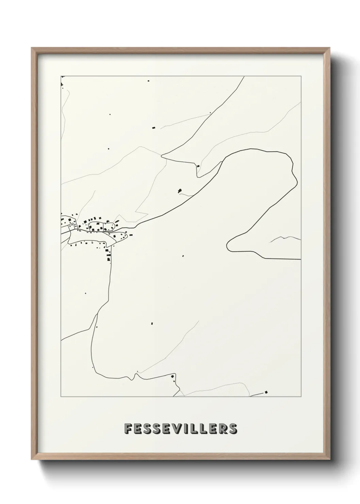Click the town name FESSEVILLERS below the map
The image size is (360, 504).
180,429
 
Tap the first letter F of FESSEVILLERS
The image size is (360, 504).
128,429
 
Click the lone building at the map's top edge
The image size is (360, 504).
148,81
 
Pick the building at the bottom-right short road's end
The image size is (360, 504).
266,392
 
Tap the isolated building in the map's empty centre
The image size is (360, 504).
183,256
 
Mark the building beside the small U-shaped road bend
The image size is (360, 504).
198,166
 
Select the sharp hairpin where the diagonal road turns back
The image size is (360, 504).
162,156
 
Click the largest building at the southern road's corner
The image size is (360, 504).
172,376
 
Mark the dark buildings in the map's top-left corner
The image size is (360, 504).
62,84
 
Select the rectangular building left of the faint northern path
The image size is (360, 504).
153,128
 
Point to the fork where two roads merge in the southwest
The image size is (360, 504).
97,315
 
